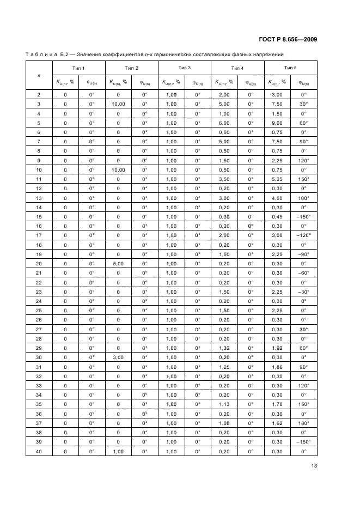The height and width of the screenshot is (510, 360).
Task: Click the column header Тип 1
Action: [x=78, y=68]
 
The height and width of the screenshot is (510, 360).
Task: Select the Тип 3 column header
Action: [x=184, y=67]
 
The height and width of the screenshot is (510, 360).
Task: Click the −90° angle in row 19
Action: [x=303, y=254]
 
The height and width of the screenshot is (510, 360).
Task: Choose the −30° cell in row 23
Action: [x=303, y=292]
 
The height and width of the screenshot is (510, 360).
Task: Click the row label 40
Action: [x=39, y=451]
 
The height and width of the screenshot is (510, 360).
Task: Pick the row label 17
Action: [x=39, y=235]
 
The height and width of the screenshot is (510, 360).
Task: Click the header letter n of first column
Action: [x=39, y=75]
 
